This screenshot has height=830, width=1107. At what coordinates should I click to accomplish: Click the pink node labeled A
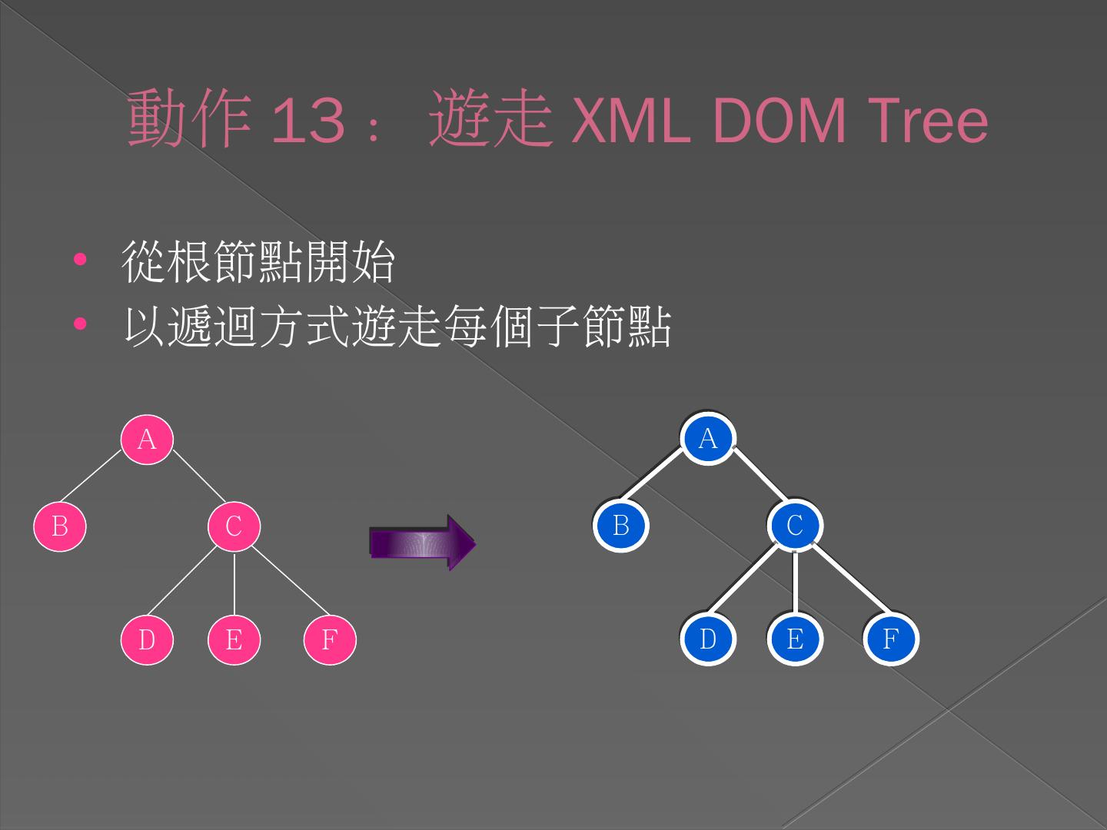click(147, 440)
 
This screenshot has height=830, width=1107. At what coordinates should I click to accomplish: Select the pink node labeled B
click(60, 526)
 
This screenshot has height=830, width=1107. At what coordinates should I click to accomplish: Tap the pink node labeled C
click(234, 526)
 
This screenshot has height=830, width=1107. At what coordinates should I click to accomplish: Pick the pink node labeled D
click(147, 639)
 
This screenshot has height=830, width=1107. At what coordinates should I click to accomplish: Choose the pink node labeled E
click(234, 639)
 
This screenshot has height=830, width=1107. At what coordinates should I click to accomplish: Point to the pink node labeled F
click(330, 639)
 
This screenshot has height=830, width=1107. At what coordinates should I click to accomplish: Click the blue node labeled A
click(708, 439)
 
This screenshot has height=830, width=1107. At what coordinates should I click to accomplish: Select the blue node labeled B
click(621, 526)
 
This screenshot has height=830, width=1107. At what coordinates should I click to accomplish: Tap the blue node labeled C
click(795, 526)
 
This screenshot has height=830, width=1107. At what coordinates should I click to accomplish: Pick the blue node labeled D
click(708, 639)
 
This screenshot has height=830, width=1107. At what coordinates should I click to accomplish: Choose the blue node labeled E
click(795, 639)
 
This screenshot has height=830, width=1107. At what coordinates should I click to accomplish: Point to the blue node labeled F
click(890, 639)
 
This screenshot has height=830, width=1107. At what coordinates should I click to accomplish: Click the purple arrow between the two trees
click(422, 543)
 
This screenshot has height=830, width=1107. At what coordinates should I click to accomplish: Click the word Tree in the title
click(926, 121)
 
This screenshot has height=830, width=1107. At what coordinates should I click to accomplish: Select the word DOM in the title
click(778, 121)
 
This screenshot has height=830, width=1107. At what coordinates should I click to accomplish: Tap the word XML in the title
click(630, 121)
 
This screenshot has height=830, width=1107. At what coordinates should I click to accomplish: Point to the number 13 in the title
click(308, 121)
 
